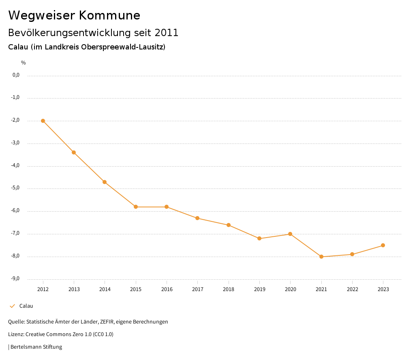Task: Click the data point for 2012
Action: pos(43,121)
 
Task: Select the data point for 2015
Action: pos(136,207)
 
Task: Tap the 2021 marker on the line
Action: pos(321,257)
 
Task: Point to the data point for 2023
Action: pos(383,245)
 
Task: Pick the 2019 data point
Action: pos(259,238)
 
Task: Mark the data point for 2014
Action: pos(105,182)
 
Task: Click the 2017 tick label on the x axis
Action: pos(198,289)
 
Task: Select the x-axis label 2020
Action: pos(291,289)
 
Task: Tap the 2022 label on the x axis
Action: pos(352,289)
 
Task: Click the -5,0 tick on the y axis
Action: pos(16,188)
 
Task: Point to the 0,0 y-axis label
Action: pos(16,75)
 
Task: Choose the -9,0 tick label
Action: pos(16,279)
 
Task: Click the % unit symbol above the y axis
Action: pos(24,63)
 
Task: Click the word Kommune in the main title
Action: pos(109,15)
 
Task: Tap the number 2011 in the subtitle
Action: pos(167,33)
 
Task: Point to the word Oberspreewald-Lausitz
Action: pos(122,47)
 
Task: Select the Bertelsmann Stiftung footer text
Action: pos(36,347)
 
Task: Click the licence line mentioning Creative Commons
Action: pos(61,334)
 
